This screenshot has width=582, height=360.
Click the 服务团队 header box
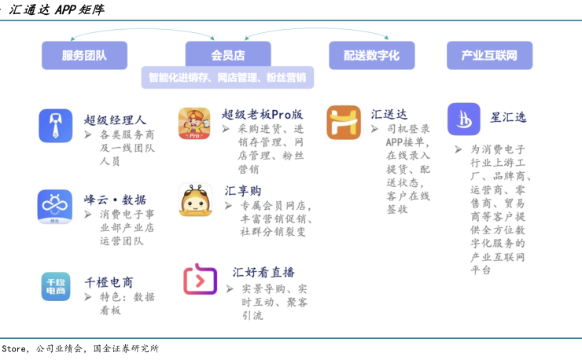click(x=84, y=55)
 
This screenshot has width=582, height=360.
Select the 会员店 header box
click(x=228, y=55)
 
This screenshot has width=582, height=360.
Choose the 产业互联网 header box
click(x=489, y=55)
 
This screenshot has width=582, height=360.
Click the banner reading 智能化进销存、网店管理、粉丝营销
click(x=228, y=78)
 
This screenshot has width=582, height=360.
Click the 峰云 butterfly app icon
click(x=55, y=207)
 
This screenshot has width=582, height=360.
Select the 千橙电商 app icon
click(x=55, y=286)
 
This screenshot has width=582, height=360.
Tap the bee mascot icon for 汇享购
click(x=195, y=200)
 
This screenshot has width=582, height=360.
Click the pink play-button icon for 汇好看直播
click(x=200, y=280)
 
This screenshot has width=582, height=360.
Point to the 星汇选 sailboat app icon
click(x=464, y=119)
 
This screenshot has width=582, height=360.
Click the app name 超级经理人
click(x=115, y=120)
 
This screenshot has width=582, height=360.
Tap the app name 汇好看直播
click(x=263, y=273)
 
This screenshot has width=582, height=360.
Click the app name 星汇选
click(x=509, y=117)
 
